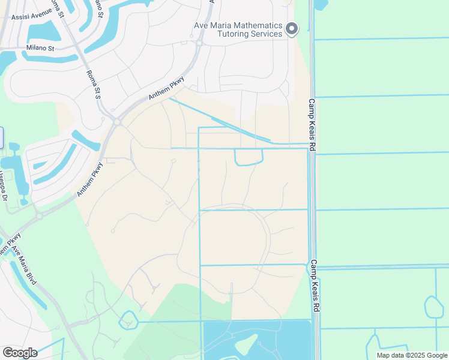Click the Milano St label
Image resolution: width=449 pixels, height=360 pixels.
click(40, 47)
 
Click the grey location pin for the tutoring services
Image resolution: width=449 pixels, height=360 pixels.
click(292, 29)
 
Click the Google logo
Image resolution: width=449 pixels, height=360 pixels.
click(20, 352)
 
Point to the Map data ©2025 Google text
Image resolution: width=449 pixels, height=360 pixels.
click(411, 355)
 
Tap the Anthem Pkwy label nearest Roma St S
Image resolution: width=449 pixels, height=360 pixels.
click(166, 89)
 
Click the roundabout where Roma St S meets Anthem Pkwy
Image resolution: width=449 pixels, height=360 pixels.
click(117, 122)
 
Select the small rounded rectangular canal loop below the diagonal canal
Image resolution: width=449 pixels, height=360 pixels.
click(249, 157)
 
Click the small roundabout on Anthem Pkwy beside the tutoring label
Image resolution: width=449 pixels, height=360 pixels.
click(199, 43)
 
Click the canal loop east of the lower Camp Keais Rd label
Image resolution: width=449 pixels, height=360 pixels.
click(433, 307)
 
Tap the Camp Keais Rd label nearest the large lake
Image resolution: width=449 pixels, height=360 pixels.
click(315, 286)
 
